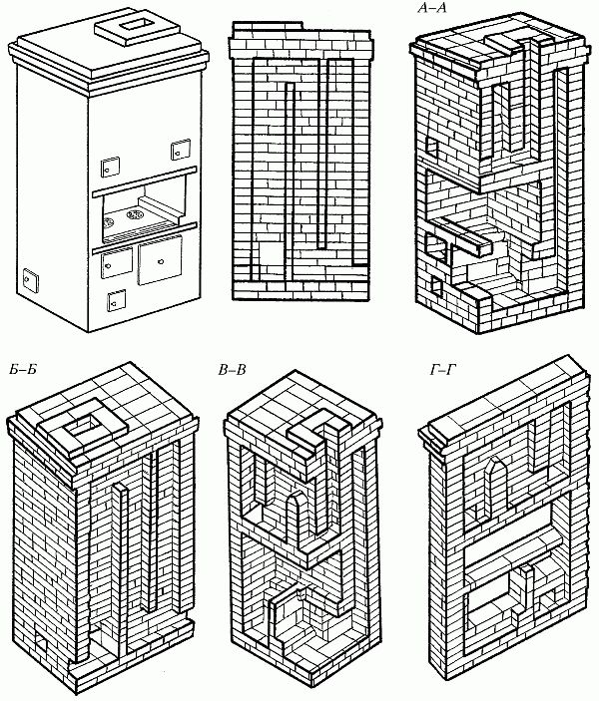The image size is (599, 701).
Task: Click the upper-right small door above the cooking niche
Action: tap(180, 150)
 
